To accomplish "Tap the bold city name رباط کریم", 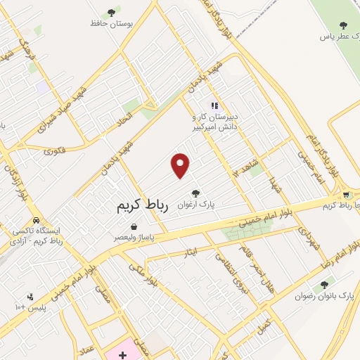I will tap(142, 207).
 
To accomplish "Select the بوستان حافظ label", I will tap(112, 23).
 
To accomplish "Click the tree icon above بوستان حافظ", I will tap(112, 11).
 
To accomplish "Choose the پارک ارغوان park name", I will tap(195, 205).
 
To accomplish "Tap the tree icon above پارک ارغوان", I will tap(195, 193).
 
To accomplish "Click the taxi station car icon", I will tap(35, 219).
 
